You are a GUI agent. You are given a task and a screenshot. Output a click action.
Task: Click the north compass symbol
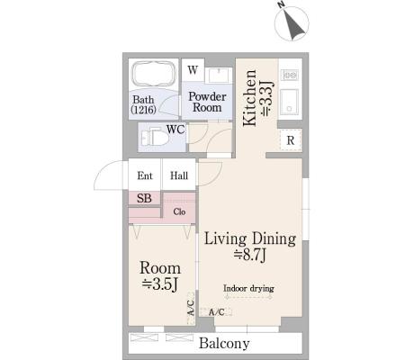pyautogui.click(x=292, y=23)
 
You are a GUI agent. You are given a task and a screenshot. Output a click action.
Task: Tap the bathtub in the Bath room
pyautogui.click(x=154, y=74)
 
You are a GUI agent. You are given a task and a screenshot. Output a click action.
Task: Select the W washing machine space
pyautogui.click(x=193, y=70)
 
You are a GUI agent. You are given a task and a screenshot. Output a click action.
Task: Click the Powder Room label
pyautogui.click(x=207, y=102)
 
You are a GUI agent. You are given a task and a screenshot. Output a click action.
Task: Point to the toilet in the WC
pyautogui.click(x=155, y=138)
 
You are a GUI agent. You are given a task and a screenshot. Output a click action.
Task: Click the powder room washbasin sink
pyautogui.click(x=219, y=76)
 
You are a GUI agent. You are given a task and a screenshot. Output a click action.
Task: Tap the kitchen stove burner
pyautogui.click(x=290, y=75)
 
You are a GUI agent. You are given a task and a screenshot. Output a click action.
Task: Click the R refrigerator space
pyautogui.click(x=291, y=140)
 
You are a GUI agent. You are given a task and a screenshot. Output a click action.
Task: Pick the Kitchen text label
pyautogui.click(x=249, y=98)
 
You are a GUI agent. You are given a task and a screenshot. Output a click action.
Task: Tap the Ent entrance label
pyautogui.click(x=145, y=175)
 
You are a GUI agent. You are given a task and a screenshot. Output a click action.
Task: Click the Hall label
pyautogui.click(x=179, y=175)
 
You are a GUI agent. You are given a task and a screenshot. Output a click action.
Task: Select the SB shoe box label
pyautogui.click(x=144, y=198)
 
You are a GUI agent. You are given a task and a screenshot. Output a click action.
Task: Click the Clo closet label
pyautogui.click(x=179, y=211)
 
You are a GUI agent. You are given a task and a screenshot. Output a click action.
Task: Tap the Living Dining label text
pyautogui.click(x=250, y=239)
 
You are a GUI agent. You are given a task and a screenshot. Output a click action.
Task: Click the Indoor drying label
pyautogui.click(x=248, y=288)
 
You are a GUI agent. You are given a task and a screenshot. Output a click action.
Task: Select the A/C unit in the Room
pyautogui.click(x=191, y=308)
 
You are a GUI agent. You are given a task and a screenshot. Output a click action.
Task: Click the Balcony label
pyautogui.click(x=224, y=343)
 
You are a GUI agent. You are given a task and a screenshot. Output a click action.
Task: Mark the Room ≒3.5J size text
pyautogui.click(x=160, y=284)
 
